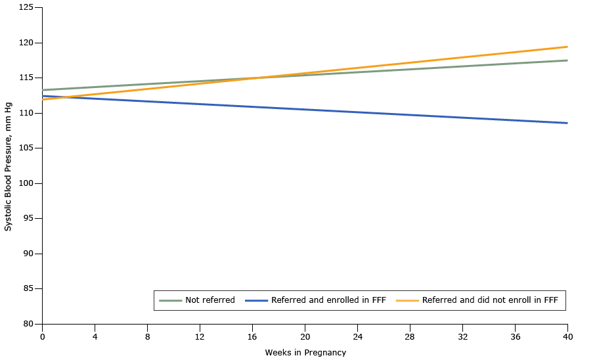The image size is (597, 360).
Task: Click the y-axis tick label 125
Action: click(26, 7)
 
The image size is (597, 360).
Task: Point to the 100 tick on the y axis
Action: click(26, 183)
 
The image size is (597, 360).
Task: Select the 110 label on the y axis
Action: click(26, 113)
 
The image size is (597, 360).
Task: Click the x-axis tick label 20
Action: click(305, 336)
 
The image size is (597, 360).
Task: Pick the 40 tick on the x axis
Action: click(567, 336)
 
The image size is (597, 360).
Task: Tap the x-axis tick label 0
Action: click(42, 336)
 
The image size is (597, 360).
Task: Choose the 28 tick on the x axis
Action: click(410, 336)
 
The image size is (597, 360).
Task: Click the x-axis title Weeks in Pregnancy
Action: click(305, 353)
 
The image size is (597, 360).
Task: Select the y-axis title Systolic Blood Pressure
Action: click(9, 166)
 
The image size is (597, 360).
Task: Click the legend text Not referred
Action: click(210, 300)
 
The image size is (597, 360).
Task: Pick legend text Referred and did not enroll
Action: click(490, 300)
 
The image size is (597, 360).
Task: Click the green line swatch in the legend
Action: click(170, 300)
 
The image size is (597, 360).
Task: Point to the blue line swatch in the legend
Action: click(256, 300)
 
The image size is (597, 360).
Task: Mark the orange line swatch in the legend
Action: click(407, 300)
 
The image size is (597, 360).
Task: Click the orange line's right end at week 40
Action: click(567, 47)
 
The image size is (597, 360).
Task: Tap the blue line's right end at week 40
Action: click(567, 123)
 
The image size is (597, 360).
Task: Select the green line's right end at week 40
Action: click(567, 60)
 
